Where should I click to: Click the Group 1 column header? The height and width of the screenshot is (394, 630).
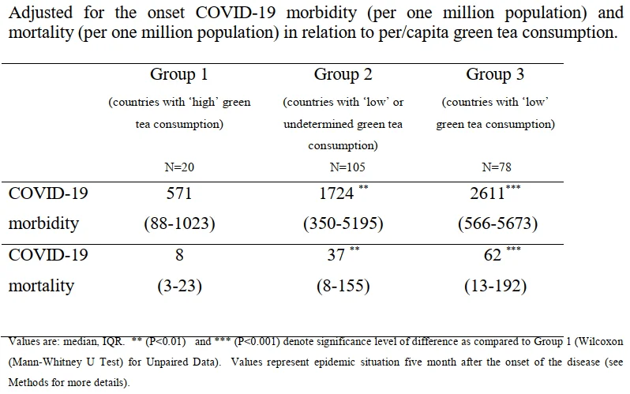[x=178, y=74]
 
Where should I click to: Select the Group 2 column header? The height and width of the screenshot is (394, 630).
[x=343, y=74]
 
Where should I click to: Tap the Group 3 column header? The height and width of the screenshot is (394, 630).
[x=495, y=74]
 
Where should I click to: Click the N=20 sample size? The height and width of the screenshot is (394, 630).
[x=179, y=167]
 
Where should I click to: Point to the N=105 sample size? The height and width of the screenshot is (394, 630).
[x=347, y=167]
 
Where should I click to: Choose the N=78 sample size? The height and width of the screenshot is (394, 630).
[x=497, y=167]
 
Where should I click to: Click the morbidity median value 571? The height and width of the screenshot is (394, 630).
[x=179, y=193]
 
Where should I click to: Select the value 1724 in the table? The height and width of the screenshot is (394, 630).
[x=336, y=193]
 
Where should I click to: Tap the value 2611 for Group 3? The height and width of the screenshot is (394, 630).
[x=487, y=193]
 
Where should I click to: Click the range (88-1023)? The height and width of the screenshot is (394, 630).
[x=179, y=223]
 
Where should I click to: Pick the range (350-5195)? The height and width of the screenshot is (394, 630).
[x=343, y=223]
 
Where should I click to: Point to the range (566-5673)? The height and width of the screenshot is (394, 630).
[x=498, y=223]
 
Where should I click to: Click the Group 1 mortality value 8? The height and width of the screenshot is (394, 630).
[x=179, y=255]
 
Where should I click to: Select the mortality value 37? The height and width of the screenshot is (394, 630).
[x=336, y=255]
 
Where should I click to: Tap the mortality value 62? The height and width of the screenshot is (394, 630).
[x=493, y=255]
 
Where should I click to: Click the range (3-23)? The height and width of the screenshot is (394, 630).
[x=179, y=287]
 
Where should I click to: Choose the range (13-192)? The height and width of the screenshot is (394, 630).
[x=496, y=287]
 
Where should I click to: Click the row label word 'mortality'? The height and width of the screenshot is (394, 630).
[x=41, y=287]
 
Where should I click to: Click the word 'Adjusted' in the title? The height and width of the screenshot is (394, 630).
[x=40, y=13]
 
